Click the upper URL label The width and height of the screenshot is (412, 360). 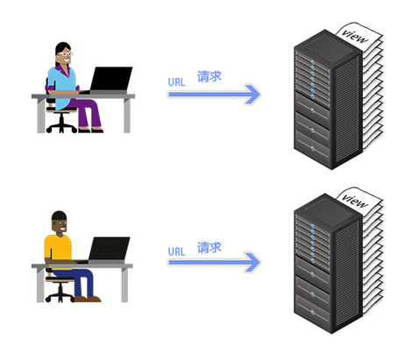pos(176,82)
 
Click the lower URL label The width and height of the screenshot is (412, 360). pos(176,251)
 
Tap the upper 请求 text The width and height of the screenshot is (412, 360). pos(210,76)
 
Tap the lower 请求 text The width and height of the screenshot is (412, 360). pos(210,247)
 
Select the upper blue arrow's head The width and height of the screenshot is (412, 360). pos(252,94)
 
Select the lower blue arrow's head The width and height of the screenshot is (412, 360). pos(252,263)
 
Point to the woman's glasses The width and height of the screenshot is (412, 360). pos(66,54)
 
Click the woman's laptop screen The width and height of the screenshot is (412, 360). pos(111,79)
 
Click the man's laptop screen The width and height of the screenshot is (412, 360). pos(110,248)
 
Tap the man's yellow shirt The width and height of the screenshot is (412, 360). pos(58,248)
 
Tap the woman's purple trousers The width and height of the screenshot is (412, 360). pos(86,112)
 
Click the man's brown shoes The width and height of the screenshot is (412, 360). pos(88,299)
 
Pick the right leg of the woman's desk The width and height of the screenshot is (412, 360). pos(127,116)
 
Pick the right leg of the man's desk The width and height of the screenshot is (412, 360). pos(124,285)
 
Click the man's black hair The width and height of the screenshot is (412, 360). pos(60,216)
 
